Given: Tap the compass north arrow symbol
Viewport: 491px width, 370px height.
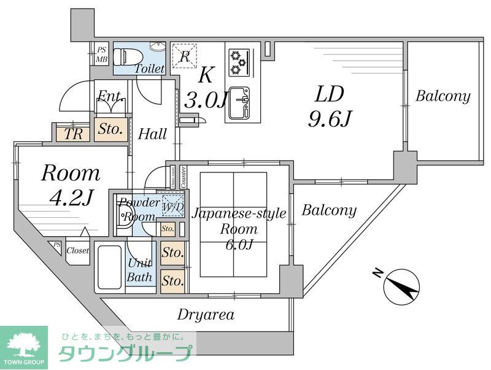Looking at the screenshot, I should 401,286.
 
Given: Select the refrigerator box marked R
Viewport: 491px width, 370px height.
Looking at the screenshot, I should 184,57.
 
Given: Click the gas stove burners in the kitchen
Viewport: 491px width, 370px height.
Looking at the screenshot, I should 238,59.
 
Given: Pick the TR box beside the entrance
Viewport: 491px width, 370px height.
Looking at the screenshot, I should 72,134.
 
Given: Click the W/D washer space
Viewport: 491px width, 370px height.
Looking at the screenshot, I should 172,207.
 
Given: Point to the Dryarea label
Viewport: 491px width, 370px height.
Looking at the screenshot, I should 206,315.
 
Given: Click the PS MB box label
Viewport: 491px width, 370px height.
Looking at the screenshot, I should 101,55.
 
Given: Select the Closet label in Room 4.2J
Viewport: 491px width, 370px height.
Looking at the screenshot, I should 77,250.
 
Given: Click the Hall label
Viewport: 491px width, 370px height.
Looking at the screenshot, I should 152,134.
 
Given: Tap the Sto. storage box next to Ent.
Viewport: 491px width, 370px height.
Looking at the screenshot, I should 111,129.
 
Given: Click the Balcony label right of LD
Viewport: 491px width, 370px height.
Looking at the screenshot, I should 443,96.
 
